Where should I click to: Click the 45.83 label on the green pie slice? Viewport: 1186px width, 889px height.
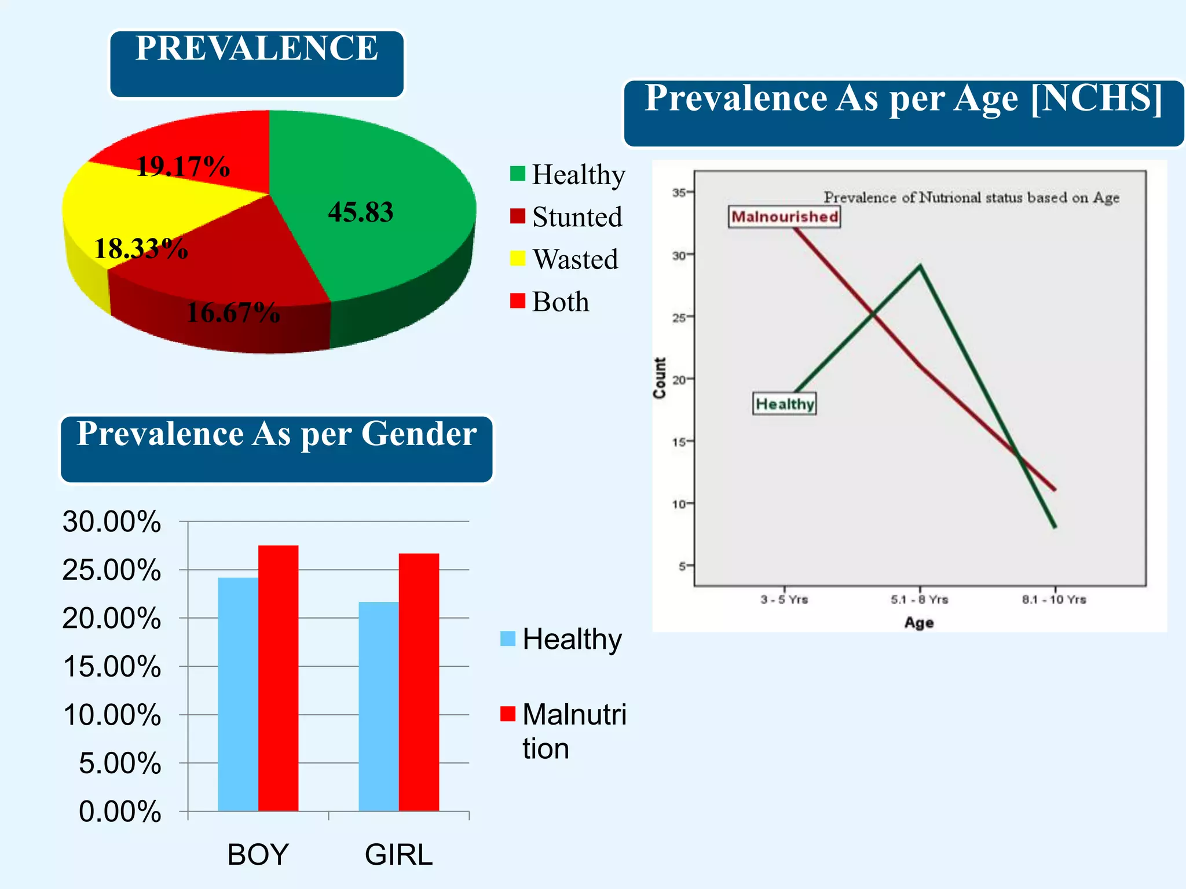tap(360, 212)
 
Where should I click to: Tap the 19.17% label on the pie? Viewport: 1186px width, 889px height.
tap(183, 167)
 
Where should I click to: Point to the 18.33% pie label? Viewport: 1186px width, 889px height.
tap(141, 249)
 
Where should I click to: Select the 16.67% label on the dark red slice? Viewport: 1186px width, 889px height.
tap(233, 313)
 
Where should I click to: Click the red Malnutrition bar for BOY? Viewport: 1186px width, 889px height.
tap(278, 677)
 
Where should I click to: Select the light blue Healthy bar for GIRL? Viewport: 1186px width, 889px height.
tap(379, 706)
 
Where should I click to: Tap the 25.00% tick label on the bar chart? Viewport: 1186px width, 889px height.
tap(112, 570)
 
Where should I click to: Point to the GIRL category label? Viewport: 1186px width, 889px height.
tap(398, 855)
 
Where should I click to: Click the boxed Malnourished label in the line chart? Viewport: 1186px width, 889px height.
tap(784, 216)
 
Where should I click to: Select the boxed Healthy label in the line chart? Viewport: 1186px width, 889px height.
tap(785, 403)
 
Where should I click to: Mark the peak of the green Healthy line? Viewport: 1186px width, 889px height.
tap(920, 266)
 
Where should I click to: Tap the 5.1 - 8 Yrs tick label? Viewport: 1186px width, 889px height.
tap(919, 600)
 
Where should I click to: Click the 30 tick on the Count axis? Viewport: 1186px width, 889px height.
tap(680, 255)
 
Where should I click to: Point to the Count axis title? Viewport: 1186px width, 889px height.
tap(660, 377)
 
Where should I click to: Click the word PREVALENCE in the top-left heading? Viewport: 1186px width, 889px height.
tap(257, 48)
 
